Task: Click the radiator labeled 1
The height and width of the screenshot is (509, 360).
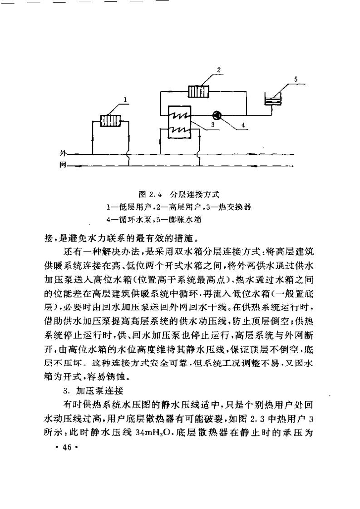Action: point(110,121)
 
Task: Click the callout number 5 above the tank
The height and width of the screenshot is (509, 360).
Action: point(296,79)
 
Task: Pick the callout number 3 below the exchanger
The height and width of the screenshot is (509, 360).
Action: point(212,123)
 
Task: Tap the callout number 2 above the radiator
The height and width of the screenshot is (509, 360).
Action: point(219,70)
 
